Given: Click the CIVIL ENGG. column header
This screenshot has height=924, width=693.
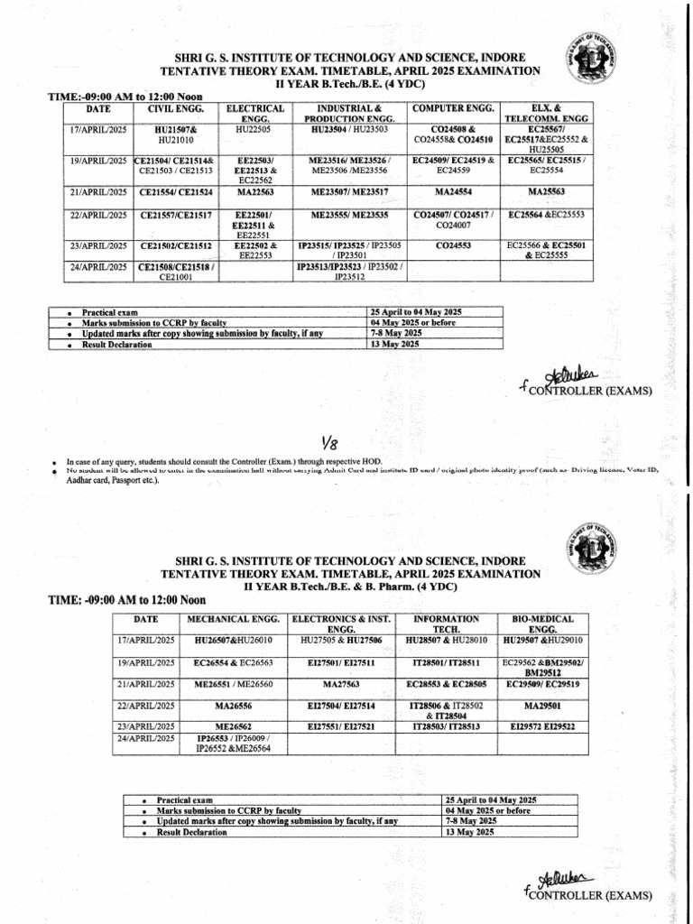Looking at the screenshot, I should click(169, 109).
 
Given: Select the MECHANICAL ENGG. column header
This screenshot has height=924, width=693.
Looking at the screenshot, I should click(236, 620).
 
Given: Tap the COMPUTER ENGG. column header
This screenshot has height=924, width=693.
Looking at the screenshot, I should click(453, 109).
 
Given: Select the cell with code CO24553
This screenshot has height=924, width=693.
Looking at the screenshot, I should click(453, 245).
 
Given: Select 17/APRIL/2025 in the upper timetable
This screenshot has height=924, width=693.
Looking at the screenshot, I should click(97, 130).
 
